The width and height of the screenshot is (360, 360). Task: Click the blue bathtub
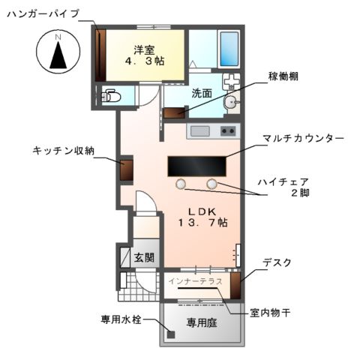(x=228, y=50)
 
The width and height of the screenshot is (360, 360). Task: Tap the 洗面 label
(x=201, y=94)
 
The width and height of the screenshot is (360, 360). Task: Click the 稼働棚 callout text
(x=285, y=77)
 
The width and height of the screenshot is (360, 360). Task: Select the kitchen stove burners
(x=227, y=132)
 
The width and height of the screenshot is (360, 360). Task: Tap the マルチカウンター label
(x=303, y=139)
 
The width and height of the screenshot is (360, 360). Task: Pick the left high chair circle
(x=181, y=183)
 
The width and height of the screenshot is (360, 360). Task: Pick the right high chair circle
(x=213, y=183)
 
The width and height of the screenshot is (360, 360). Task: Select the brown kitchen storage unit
(x=126, y=169)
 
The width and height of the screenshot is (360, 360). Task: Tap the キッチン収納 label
(x=64, y=151)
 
